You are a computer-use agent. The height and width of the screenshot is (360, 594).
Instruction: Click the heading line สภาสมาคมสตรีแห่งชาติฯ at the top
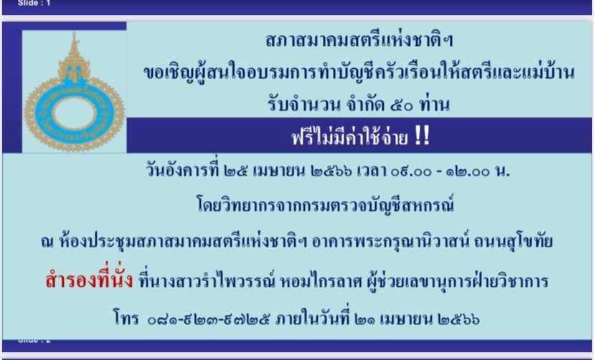[x=359, y=40]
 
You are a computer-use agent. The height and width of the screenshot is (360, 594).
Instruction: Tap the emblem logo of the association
[x=75, y=92]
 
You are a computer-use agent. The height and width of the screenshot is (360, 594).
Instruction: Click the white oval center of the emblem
[x=75, y=113]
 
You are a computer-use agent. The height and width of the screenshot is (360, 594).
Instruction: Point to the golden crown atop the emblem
[x=75, y=57]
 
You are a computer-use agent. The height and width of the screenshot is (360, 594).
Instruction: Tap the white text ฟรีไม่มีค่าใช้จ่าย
[x=349, y=137]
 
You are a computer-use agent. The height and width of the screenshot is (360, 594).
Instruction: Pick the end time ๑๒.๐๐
[x=468, y=172]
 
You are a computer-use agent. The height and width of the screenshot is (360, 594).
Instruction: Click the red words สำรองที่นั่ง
[x=89, y=280]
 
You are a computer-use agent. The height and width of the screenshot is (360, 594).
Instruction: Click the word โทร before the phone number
[x=126, y=318]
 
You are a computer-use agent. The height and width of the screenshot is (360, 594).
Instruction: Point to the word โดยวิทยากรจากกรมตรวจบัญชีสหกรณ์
[x=325, y=206]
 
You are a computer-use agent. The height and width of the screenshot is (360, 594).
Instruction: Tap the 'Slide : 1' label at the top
[x=34, y=3]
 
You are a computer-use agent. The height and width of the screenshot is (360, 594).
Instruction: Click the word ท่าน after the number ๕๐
[x=434, y=104]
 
